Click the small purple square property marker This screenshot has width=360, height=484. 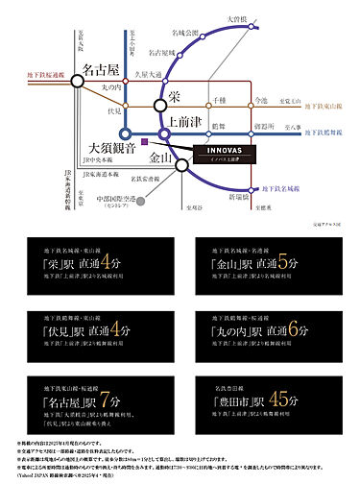(143, 143)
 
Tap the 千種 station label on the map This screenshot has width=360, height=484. (217, 100)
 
